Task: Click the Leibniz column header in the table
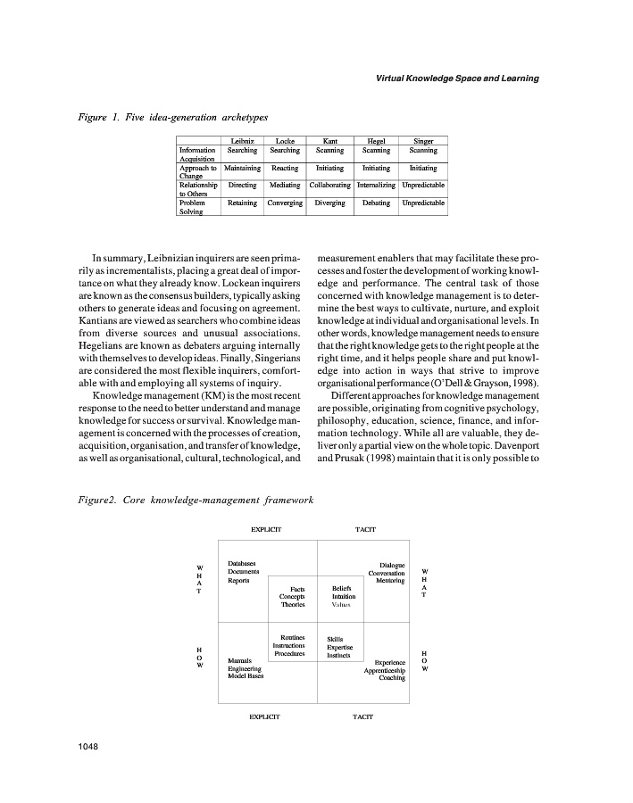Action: [x=243, y=142]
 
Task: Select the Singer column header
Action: [x=423, y=142]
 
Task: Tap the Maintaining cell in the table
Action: [x=242, y=168]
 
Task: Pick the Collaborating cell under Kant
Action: [x=329, y=186]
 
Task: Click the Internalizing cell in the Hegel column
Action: [x=377, y=186]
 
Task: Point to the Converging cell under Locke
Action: [x=285, y=203]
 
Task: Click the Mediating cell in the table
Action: [x=285, y=186]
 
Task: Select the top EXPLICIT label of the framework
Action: [x=266, y=530]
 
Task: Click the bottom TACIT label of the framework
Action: [x=362, y=716]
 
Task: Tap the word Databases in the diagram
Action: [x=242, y=563]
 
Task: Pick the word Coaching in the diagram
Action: [x=391, y=678]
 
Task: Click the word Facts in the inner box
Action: [x=297, y=589]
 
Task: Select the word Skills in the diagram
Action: [x=335, y=639]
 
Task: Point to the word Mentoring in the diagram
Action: [x=388, y=581]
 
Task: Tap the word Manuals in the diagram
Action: [x=239, y=660]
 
